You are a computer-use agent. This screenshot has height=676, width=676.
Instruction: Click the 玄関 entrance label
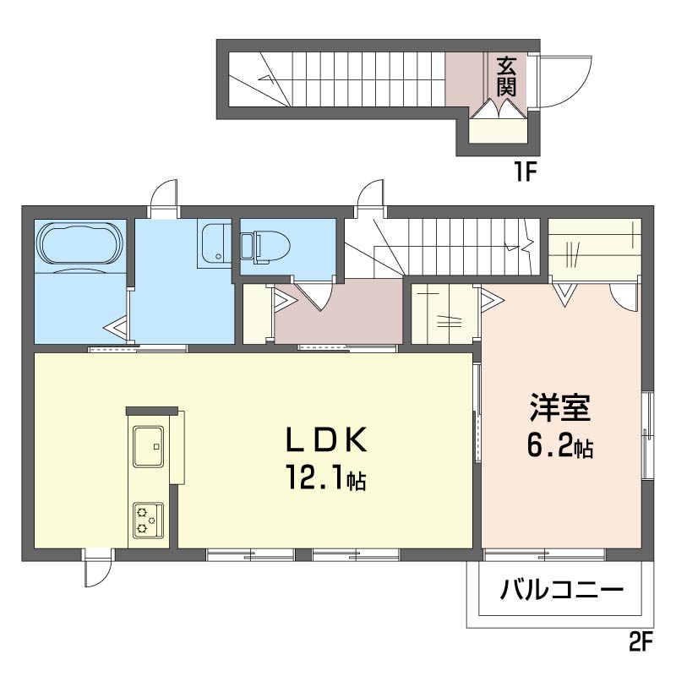(506, 77)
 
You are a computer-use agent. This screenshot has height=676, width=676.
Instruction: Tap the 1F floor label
(524, 172)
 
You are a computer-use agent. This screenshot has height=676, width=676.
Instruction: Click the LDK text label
(326, 439)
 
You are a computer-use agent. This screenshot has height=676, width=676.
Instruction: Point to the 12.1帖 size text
(326, 477)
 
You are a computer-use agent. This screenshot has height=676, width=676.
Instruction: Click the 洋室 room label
(560, 407)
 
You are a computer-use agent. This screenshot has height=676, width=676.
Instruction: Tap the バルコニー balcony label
(561, 588)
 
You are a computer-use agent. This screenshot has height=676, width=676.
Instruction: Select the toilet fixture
(265, 248)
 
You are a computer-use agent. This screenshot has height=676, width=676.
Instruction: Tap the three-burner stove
(149, 521)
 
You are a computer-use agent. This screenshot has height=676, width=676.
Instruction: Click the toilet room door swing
(317, 296)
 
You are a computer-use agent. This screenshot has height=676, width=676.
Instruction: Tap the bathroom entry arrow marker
(116, 329)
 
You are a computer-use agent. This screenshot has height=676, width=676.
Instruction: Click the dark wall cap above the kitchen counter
(152, 411)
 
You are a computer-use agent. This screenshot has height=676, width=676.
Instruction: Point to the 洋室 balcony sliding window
(545, 554)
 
